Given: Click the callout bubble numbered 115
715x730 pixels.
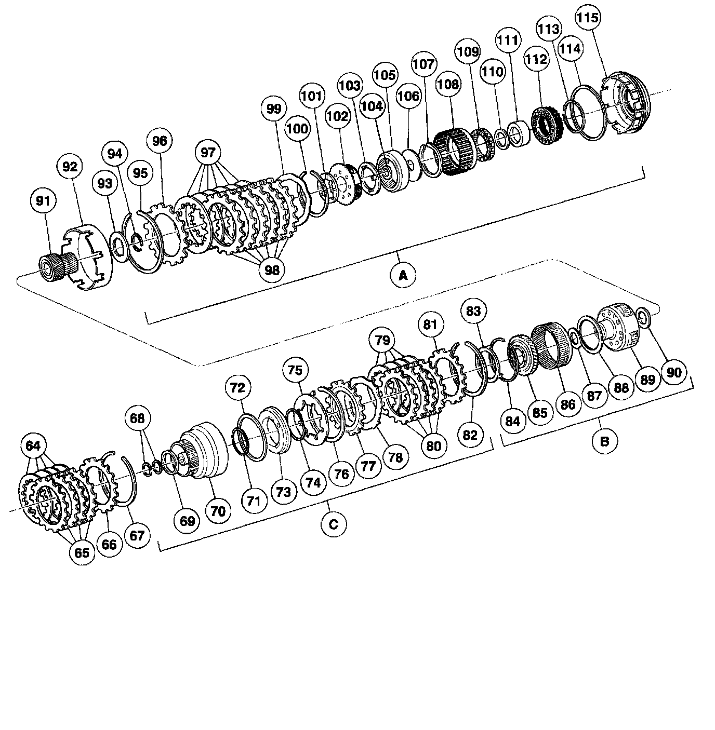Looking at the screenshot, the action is click(588, 17).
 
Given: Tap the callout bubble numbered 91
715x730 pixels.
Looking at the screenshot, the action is click(43, 201).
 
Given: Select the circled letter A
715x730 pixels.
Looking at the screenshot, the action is click(403, 275).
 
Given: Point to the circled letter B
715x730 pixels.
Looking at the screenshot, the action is click(605, 441).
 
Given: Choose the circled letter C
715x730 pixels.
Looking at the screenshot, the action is click(334, 524).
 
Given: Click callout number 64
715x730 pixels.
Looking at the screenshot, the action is click(33, 445).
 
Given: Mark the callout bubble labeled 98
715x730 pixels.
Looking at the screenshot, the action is click(272, 269).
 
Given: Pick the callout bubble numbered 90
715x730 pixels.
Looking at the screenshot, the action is click(674, 372).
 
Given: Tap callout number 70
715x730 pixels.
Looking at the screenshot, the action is click(218, 511).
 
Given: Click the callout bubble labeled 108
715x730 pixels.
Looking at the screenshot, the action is click(448, 84).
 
